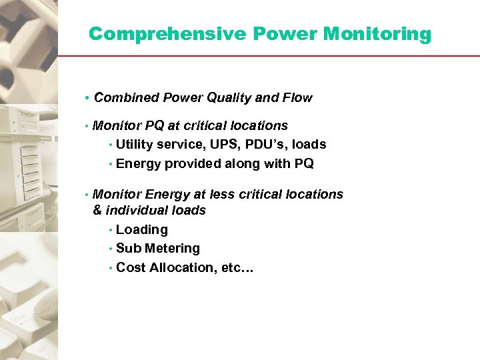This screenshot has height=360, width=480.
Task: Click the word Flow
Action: click(297, 98)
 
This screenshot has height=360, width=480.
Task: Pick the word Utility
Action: click(135, 145)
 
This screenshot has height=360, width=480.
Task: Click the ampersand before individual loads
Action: click(97, 211)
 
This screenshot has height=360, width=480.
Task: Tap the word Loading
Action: click(141, 230)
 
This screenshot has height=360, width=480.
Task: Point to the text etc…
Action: click(234, 268)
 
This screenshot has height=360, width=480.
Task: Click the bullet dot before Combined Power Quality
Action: click(87, 99)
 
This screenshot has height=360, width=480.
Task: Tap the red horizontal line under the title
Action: click(267, 56)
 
